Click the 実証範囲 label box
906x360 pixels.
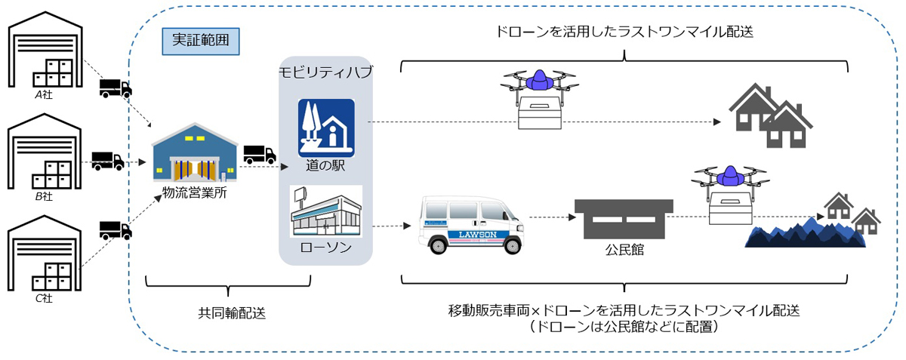click(201, 41)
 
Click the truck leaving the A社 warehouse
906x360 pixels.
click(116, 88)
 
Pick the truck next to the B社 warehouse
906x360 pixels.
click(107, 161)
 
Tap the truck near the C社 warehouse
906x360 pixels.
click(115, 229)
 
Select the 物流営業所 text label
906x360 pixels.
click(195, 193)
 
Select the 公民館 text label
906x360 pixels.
click(624, 250)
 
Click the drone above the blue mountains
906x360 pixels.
click(729, 189)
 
